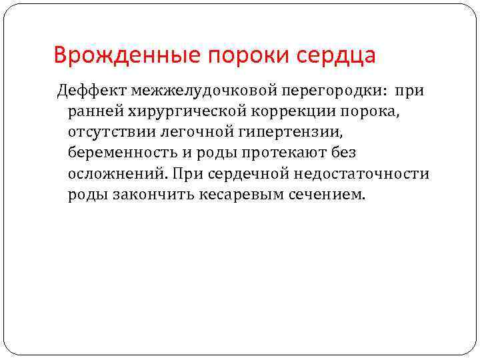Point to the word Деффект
tap(91, 90)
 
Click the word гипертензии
tap(270, 131)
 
